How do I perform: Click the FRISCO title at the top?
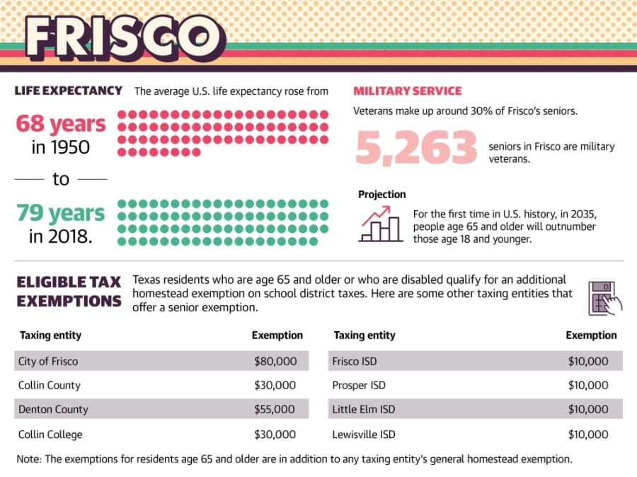tap(125, 38)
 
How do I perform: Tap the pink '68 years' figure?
tap(61, 124)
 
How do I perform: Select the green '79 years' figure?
tap(61, 213)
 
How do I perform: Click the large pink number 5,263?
tap(416, 147)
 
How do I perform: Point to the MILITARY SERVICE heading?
tap(408, 91)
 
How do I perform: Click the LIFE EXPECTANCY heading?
tap(68, 90)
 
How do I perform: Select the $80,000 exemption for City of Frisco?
tap(275, 361)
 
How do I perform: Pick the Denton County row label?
tap(53, 409)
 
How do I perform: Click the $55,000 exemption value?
tap(275, 409)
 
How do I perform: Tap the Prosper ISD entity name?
tap(359, 385)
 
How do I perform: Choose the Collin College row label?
tap(50, 435)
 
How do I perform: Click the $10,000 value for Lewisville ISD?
tap(588, 435)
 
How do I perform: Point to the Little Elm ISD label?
tap(364, 409)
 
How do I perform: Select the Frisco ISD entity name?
tap(355, 361)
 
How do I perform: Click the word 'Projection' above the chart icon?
tap(382, 195)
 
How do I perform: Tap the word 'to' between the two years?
tap(61, 179)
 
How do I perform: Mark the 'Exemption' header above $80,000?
tap(277, 335)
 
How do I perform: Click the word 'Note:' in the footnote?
tap(29, 459)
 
